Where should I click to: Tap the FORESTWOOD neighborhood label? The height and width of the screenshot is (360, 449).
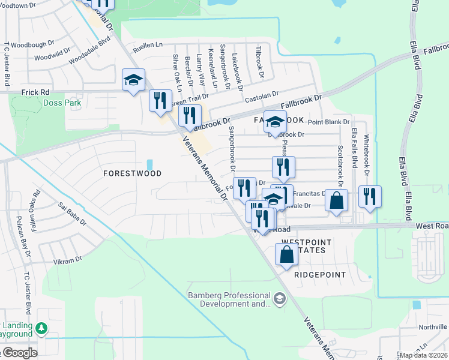coord(132,173)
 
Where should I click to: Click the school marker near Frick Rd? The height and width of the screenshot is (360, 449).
coord(134,80)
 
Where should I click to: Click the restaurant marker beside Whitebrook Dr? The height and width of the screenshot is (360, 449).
coord(370,196)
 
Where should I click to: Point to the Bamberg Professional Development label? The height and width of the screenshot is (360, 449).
coord(229,299)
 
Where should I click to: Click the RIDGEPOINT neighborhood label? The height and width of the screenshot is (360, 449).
coord(320,275)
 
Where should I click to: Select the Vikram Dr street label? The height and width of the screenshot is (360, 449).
coord(67,260)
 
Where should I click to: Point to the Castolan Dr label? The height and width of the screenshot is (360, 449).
coord(263,94)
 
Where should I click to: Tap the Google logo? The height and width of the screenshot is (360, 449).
coord(19,353)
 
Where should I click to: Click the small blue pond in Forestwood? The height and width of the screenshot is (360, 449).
coord(149,164)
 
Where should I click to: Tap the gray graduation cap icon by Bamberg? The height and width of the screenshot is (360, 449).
coord(279,298)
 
